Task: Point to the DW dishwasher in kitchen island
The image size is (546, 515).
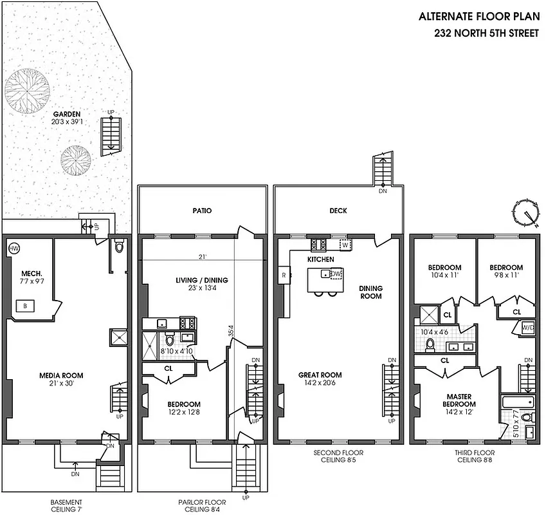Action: (x=335, y=274)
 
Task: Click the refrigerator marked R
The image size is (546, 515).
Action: (x=284, y=275)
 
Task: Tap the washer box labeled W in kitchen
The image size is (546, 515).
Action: (x=345, y=245)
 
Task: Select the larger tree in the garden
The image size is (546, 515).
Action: (x=27, y=89)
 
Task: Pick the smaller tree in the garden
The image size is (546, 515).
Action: (x=75, y=157)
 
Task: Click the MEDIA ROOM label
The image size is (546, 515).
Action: (x=60, y=375)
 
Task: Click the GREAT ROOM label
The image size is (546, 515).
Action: (x=320, y=375)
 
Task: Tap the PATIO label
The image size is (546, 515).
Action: (x=201, y=211)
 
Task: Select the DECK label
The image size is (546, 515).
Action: (x=337, y=211)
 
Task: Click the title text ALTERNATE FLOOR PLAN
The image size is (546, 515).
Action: (x=478, y=17)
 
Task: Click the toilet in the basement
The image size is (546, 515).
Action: (x=118, y=247)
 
